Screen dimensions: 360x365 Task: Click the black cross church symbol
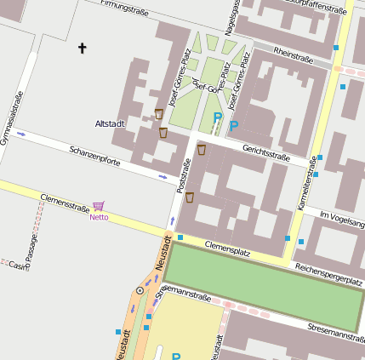(x=83, y=49)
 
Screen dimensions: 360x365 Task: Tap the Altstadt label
(x=111, y=124)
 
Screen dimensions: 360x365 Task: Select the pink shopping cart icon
(x=99, y=207)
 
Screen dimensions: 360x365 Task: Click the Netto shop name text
(x=99, y=218)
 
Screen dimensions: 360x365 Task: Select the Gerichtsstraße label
(x=266, y=153)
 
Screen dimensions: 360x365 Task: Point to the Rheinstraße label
(x=294, y=55)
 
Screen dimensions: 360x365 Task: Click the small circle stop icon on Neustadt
(x=140, y=290)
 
